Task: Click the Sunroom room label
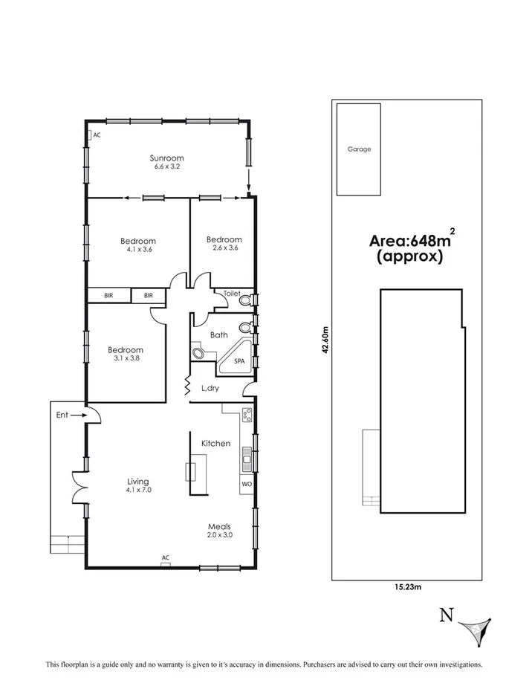click(166, 158)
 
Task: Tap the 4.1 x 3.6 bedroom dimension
click(138, 250)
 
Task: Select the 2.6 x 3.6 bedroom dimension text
click(224, 249)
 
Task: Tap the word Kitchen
click(215, 444)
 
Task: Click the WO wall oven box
click(246, 484)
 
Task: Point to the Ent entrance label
click(62, 415)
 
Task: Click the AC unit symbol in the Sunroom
click(89, 135)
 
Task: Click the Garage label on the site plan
click(359, 149)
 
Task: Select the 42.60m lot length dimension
click(325, 341)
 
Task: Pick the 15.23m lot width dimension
click(406, 588)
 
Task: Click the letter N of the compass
click(446, 615)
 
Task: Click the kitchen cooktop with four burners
click(247, 415)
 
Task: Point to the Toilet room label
click(232, 294)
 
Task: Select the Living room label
click(138, 481)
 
